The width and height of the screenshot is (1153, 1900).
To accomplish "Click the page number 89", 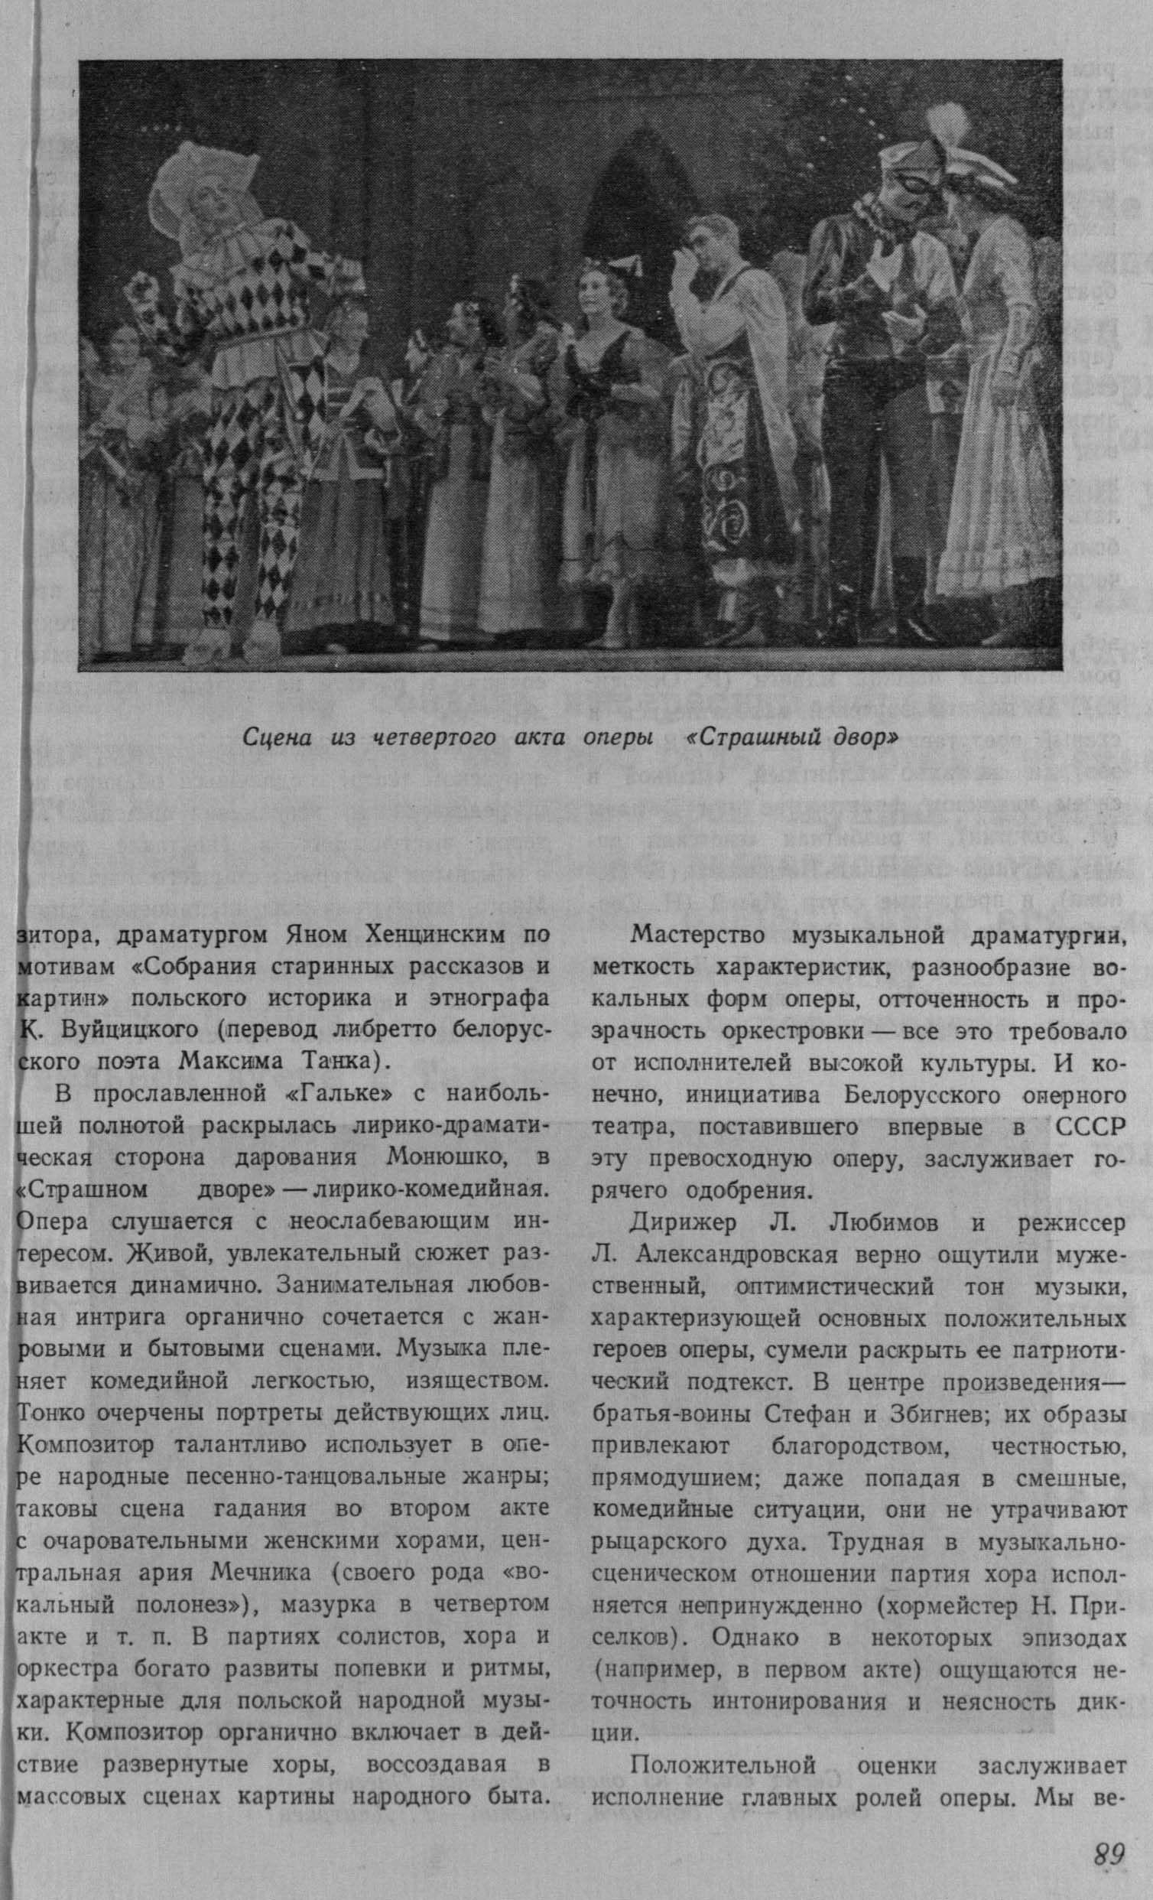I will (x=1109, y=1848).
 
